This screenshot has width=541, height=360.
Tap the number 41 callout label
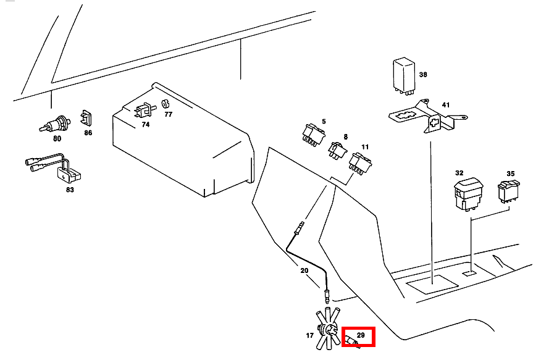pos(445,105)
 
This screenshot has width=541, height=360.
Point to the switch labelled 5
pos(312,135)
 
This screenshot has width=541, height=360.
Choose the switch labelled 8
pos(337,149)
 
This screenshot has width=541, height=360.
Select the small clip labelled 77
pos(166,103)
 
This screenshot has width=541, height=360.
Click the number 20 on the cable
pos(304,270)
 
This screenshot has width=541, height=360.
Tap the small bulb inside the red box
pos(351,340)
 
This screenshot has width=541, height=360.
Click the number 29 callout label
pos(361,336)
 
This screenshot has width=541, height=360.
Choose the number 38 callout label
pos(423,74)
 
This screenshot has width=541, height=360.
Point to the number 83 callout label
pos(69,190)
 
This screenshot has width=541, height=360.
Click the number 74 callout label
pos(146,124)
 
